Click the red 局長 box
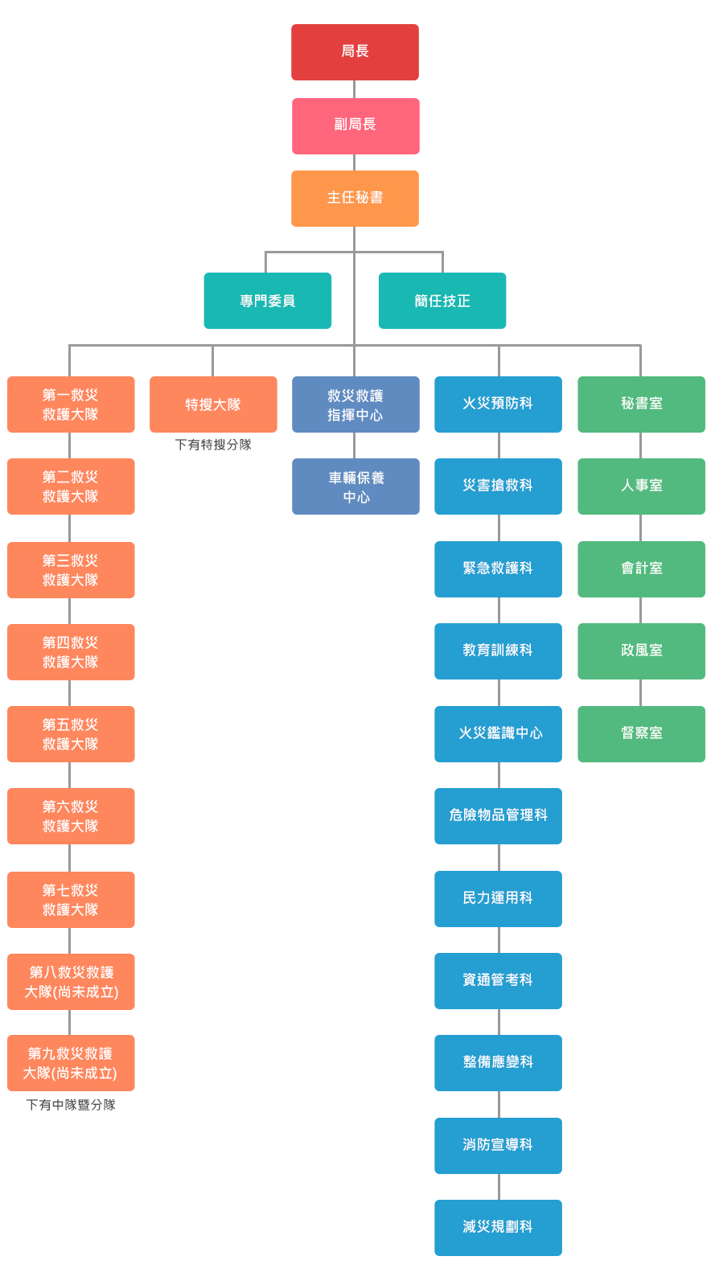(x=355, y=52)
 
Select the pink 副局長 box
(x=355, y=125)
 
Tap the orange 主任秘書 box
(x=355, y=198)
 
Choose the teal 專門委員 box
(x=267, y=301)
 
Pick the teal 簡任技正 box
(x=442, y=301)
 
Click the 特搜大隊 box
(x=213, y=404)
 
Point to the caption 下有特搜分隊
(x=213, y=445)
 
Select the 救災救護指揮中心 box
(x=355, y=404)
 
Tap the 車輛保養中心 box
(x=355, y=486)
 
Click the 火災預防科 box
(x=498, y=404)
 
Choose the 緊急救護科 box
(x=498, y=569)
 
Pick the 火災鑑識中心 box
(x=498, y=733)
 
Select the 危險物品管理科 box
(x=498, y=815)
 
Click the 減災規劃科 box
(x=498, y=1227)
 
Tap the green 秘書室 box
(x=641, y=404)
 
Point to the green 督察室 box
(x=641, y=733)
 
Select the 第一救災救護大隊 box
(x=71, y=404)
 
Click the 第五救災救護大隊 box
(x=71, y=734)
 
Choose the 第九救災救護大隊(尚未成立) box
(x=71, y=1063)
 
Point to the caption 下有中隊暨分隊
(x=71, y=1105)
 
